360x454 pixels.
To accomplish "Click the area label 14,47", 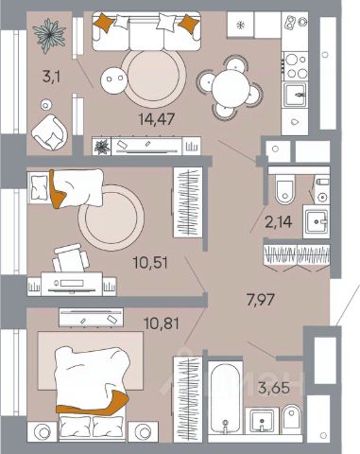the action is (157, 119).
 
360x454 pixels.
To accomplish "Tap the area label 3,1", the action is (51, 77).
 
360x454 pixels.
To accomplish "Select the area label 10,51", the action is (150, 263).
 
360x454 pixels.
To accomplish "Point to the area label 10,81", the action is (162, 323).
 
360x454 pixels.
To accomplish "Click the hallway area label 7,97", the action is (261, 300).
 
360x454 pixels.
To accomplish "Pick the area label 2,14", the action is (279, 222).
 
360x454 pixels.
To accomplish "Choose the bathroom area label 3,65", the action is (274, 388).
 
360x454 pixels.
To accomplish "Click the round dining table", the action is (231, 87).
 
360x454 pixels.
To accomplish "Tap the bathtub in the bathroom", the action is (225, 398).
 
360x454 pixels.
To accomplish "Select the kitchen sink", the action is (295, 95).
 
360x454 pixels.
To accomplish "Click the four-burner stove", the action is (295, 66).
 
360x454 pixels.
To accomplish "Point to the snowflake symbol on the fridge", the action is (240, 25).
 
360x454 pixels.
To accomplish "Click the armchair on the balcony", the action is (49, 132).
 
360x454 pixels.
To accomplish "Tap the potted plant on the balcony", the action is (49, 34).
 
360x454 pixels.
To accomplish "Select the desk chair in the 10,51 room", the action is (71, 258).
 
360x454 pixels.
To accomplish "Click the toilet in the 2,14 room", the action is (284, 188).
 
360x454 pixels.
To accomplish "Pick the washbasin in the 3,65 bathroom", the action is (262, 421).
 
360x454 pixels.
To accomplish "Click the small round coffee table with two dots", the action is (113, 80).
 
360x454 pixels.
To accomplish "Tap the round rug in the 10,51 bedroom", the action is (111, 218).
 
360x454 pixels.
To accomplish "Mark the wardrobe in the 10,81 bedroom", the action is (188, 399).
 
